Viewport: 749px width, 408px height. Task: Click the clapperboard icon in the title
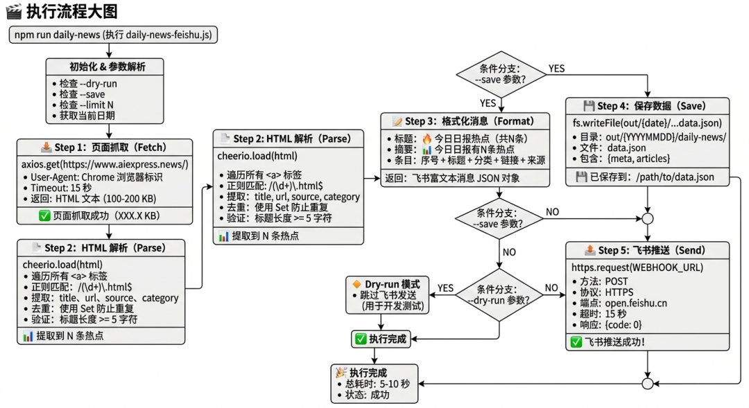point(13,11)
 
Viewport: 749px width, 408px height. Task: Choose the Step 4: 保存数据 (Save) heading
point(646,106)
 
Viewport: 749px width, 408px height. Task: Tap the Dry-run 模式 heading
point(388,284)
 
